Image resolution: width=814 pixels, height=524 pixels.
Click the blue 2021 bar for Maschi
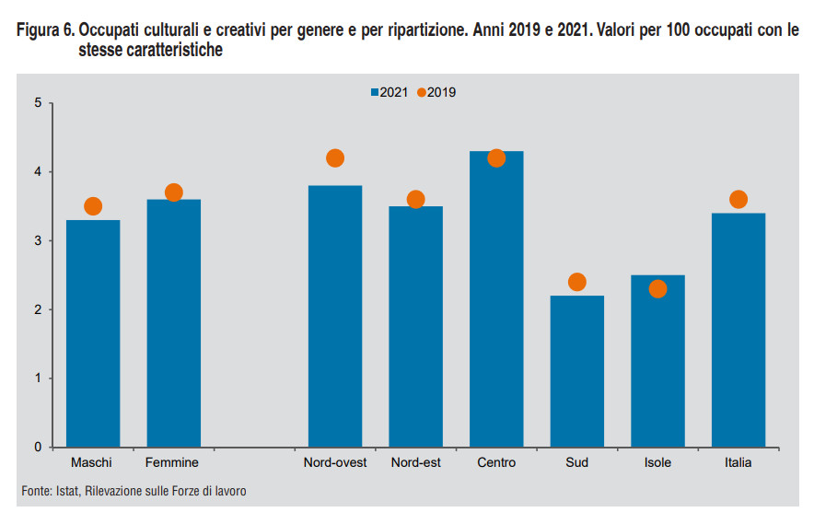(92, 333)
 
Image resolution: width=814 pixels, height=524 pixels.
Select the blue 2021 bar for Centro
(496, 299)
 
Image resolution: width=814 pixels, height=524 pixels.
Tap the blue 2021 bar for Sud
(576, 371)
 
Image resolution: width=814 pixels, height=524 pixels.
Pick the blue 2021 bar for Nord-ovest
(335, 316)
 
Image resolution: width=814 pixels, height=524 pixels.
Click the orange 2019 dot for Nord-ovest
(335, 158)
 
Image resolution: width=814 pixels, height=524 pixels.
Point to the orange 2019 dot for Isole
(657, 289)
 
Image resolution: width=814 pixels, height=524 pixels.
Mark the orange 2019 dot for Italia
(738, 200)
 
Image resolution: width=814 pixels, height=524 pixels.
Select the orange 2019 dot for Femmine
(173, 192)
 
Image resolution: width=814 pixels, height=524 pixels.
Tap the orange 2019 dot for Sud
(577, 282)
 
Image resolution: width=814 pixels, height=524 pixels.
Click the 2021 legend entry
(390, 92)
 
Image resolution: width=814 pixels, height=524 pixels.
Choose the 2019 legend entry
(436, 92)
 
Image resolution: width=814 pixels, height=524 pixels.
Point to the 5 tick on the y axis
(38, 103)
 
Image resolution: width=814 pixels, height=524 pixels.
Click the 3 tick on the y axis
(38, 241)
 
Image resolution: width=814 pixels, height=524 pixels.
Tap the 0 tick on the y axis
(38, 448)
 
